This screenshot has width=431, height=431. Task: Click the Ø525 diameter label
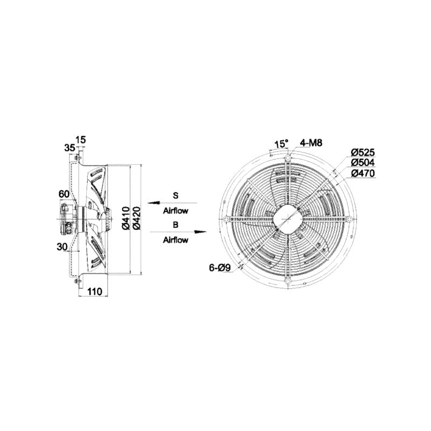pyautogui.click(x=363, y=152)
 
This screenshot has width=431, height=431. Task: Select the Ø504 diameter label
pyautogui.click(x=363, y=163)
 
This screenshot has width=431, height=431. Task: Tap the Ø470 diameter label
pyautogui.click(x=363, y=173)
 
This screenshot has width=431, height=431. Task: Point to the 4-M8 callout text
pyautogui.click(x=311, y=143)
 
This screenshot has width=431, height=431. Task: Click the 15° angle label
pyautogui.click(x=282, y=144)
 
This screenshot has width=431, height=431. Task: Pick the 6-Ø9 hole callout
pyautogui.click(x=220, y=267)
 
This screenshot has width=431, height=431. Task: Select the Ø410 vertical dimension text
pyautogui.click(x=126, y=218)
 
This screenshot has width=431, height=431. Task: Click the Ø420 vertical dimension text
pyautogui.click(x=137, y=218)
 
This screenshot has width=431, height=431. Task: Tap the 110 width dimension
pyautogui.click(x=95, y=291)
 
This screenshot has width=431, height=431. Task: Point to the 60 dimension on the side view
pyautogui.click(x=64, y=194)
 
